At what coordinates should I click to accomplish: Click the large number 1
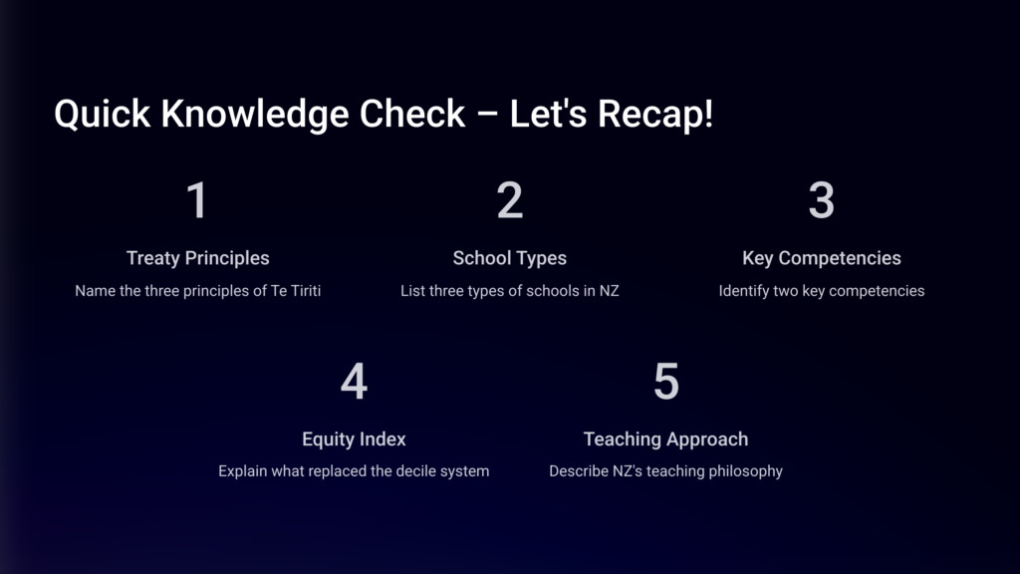click(x=197, y=199)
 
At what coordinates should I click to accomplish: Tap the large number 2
click(x=509, y=199)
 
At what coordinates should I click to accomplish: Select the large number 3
click(x=821, y=199)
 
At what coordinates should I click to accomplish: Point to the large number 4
click(x=354, y=382)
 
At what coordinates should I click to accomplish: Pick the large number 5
click(x=666, y=382)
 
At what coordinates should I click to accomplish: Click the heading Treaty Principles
click(x=198, y=258)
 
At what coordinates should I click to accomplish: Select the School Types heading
click(x=509, y=258)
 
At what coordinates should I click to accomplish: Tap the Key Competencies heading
click(x=822, y=258)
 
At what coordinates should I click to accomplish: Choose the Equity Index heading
click(x=354, y=439)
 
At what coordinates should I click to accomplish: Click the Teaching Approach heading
click(x=665, y=439)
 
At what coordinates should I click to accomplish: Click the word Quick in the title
click(x=103, y=114)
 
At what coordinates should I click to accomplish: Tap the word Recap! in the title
click(x=655, y=115)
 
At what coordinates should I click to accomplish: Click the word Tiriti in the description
click(x=305, y=291)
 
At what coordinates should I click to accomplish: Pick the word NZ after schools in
click(x=610, y=291)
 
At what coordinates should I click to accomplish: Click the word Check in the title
click(x=412, y=114)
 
